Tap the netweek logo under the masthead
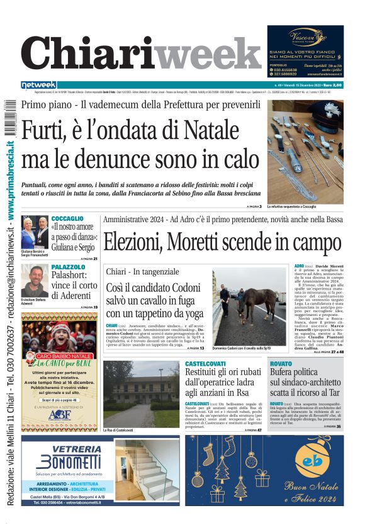pyautogui.click(x=38, y=85)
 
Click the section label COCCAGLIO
pyautogui.click(x=67, y=218)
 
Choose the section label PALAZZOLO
pyautogui.click(x=69, y=267)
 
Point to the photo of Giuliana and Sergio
pyautogui.click(x=35, y=232)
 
